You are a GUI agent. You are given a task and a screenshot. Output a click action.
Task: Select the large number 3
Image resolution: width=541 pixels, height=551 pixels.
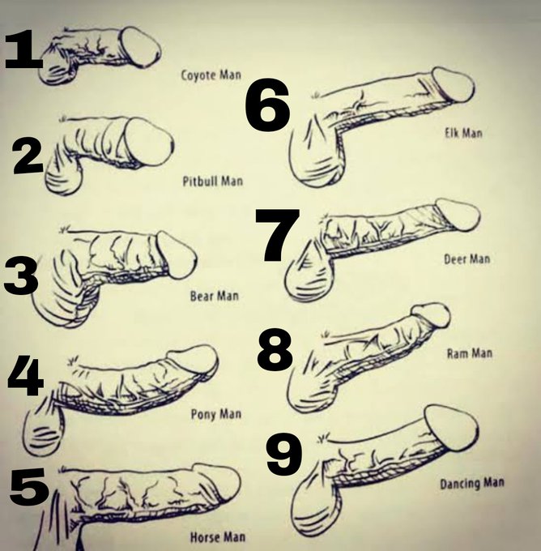(x=21, y=275)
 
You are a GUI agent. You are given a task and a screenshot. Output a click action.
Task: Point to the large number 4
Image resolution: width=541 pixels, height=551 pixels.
(x=26, y=375)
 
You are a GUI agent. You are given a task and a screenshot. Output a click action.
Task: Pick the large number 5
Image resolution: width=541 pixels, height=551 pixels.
(x=29, y=486)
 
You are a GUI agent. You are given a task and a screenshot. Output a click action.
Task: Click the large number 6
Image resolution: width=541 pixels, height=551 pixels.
(x=268, y=105)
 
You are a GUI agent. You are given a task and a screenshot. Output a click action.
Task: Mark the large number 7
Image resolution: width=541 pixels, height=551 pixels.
(x=278, y=235)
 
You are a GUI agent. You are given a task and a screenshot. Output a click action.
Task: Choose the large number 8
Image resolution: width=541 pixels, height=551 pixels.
(x=275, y=350)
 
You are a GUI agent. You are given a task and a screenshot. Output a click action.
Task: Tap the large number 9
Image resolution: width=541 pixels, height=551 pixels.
(x=283, y=454)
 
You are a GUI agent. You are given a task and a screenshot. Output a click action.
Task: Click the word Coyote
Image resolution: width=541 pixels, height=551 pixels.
(x=198, y=75)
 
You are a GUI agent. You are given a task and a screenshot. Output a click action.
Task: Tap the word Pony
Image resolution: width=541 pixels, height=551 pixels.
(x=202, y=414)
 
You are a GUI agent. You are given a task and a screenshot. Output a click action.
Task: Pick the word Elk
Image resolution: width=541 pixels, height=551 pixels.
(x=451, y=133)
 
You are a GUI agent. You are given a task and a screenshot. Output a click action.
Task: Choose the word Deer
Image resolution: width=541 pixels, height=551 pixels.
(x=455, y=259)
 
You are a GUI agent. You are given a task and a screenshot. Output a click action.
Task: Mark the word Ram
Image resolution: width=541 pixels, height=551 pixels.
(x=456, y=353)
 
